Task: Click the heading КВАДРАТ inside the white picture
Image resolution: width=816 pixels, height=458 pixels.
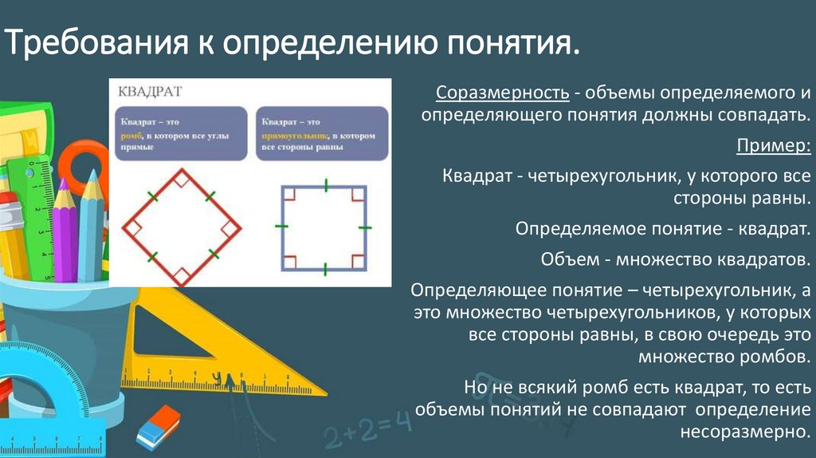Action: coord(151,91)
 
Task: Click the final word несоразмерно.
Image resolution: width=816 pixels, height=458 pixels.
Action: coord(745,432)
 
